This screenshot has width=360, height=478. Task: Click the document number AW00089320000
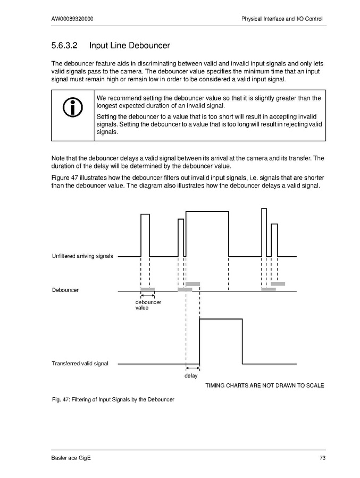pyautogui.click(x=73, y=19)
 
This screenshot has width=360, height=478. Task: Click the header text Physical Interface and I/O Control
pyautogui.click(x=282, y=19)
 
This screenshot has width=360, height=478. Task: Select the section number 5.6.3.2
pyautogui.click(x=65, y=46)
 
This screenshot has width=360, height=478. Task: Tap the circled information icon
pyautogui.click(x=72, y=108)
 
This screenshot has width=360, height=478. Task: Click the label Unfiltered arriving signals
pyautogui.click(x=82, y=256)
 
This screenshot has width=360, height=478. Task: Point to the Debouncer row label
pyautogui.click(x=65, y=290)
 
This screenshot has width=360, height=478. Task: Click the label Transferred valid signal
pyautogui.click(x=80, y=364)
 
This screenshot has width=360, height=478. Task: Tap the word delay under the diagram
pyautogui.click(x=191, y=376)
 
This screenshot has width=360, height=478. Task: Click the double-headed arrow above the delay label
pyautogui.click(x=192, y=368)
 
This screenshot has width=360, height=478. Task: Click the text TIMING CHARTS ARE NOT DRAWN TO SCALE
pyautogui.click(x=264, y=385)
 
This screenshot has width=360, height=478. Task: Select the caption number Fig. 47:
pyautogui.click(x=61, y=399)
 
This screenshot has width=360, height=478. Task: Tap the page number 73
pyautogui.click(x=322, y=458)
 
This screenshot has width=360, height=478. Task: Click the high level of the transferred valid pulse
pyautogui.click(x=221, y=319)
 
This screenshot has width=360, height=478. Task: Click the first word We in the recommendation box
pyautogui.click(x=102, y=98)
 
